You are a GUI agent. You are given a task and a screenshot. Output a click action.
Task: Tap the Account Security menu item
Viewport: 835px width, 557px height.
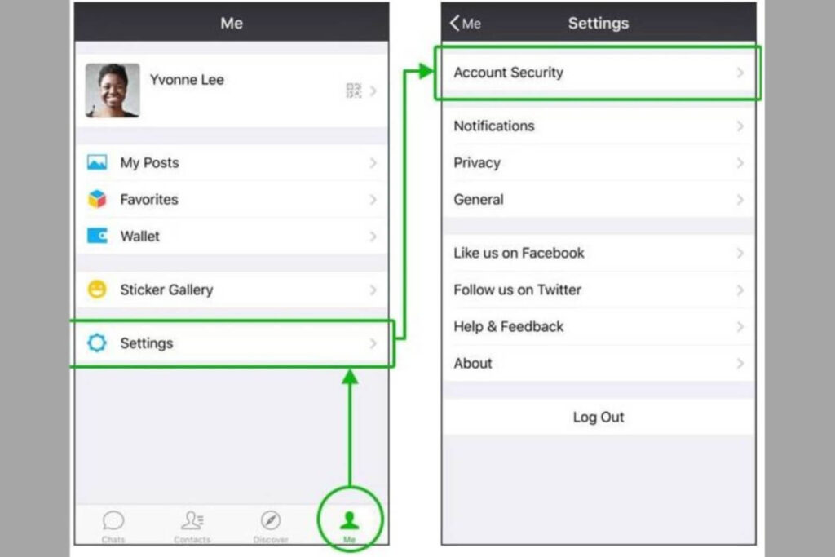[598, 73]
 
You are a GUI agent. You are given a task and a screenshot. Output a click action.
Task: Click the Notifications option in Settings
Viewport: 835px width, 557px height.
[598, 126]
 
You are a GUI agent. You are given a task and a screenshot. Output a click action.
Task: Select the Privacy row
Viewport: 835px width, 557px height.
[598, 163]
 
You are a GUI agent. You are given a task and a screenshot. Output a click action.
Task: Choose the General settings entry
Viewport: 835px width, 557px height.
[598, 200]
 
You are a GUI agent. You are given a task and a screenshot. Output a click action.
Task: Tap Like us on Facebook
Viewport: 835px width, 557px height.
[598, 253]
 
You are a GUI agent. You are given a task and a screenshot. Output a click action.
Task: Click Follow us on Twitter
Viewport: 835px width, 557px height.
[598, 290]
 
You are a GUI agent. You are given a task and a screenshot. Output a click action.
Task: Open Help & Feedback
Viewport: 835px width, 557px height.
[598, 326]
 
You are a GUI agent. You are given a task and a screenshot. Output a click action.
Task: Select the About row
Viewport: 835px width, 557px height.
[598, 363]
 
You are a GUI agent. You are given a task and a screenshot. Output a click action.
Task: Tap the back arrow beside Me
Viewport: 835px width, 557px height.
[454, 23]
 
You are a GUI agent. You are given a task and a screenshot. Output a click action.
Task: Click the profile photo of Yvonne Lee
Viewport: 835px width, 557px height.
[113, 91]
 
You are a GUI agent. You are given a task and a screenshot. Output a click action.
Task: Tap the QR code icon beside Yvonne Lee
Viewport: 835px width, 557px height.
[353, 91]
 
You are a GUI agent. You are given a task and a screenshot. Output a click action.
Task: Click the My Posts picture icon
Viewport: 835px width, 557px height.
[97, 162]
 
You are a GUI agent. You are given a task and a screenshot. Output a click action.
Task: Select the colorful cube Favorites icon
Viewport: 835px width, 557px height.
[97, 199]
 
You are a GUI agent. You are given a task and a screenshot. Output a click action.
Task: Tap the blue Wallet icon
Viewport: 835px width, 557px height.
[97, 236]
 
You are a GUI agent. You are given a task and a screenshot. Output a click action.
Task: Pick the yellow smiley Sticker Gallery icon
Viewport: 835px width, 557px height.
[97, 290]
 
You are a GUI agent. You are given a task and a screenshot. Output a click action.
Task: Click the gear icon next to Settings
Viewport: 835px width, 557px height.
[97, 343]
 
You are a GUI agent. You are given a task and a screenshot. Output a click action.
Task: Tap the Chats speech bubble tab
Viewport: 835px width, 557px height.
[113, 520]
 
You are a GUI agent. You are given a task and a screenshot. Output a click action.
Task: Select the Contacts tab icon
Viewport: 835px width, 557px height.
[192, 520]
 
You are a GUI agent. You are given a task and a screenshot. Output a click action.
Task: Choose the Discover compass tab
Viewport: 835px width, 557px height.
[271, 520]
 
